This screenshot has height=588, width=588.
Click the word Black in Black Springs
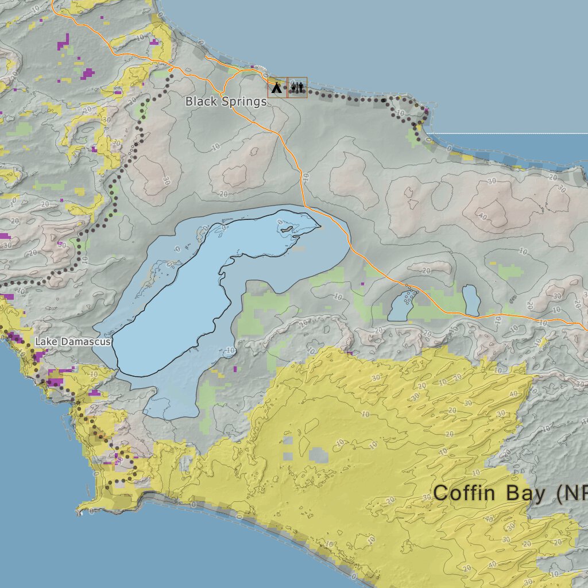click(198, 102)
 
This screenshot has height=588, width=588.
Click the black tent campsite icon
click(277, 88)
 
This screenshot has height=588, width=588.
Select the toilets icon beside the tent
click(297, 88)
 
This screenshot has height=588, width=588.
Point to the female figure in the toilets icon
click(300, 88)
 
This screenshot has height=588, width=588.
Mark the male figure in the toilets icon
click(293, 88)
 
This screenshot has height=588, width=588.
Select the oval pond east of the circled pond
click(471, 300)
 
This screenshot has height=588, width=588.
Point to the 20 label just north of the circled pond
click(426, 271)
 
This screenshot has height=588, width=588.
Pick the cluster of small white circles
click(409, 296)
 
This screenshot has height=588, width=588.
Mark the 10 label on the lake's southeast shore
click(230, 351)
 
